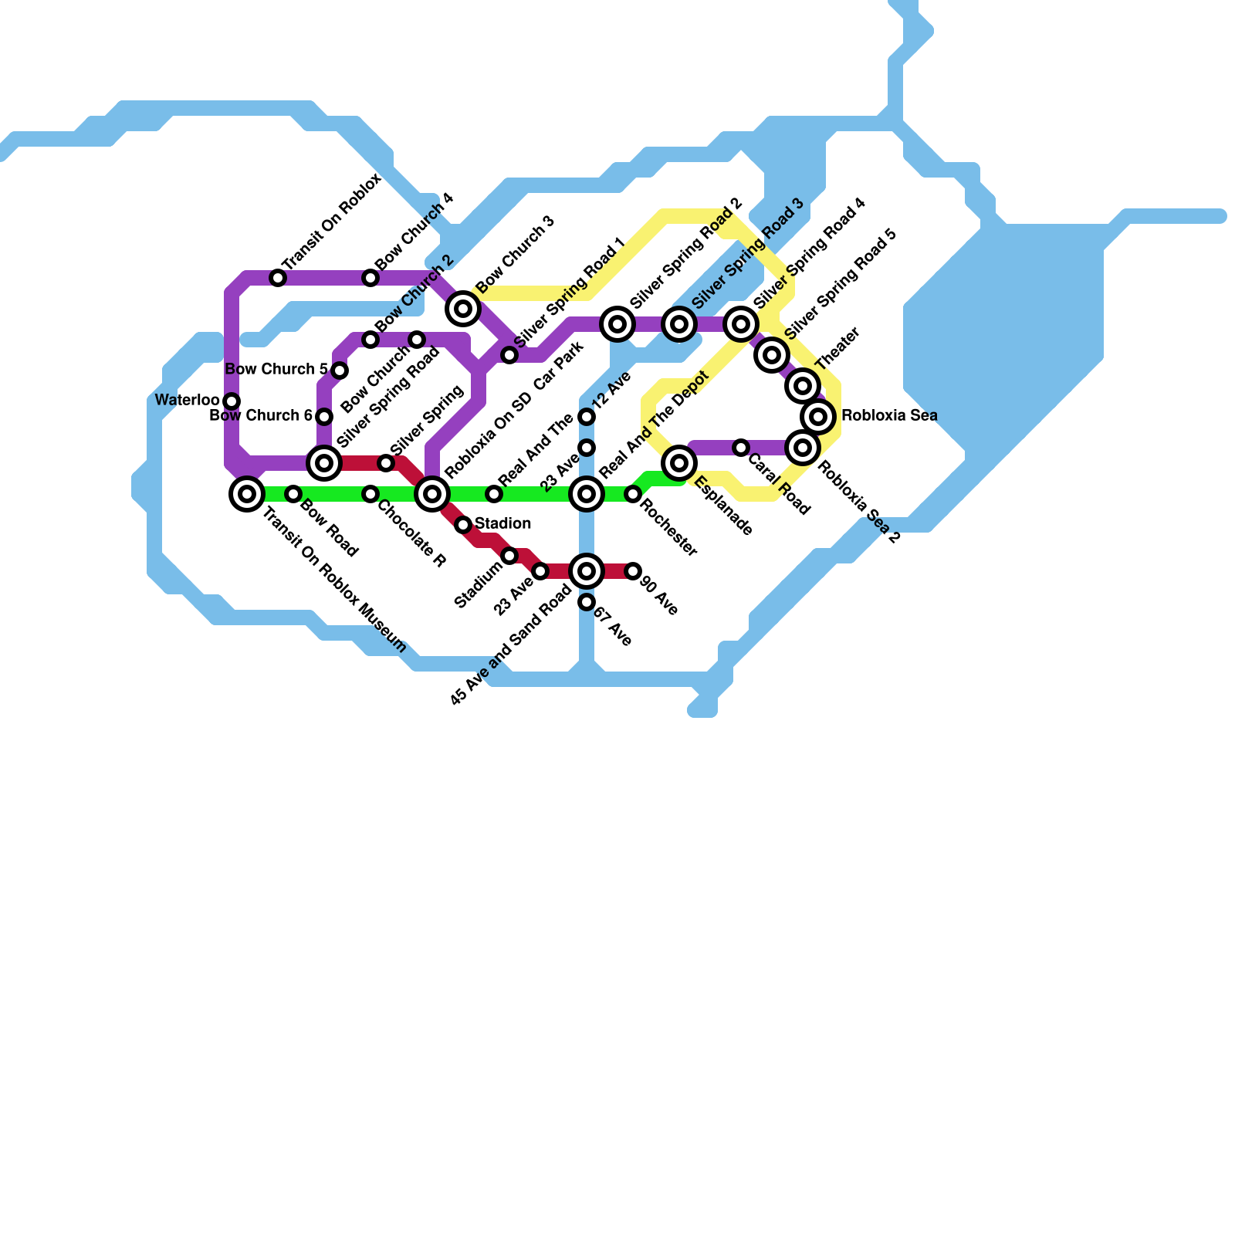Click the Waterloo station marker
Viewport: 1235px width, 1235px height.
point(232,401)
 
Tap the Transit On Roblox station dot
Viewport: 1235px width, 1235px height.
point(278,278)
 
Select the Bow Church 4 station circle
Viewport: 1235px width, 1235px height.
point(370,278)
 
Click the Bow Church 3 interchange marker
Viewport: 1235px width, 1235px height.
point(463,309)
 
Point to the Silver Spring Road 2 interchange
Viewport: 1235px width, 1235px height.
point(617,324)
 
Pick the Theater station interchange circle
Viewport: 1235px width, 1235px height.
point(803,386)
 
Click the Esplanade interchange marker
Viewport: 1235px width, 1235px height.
point(679,463)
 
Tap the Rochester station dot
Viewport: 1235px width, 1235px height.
point(633,494)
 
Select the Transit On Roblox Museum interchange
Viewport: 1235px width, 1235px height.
point(247,494)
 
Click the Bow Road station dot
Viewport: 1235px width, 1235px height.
point(293,494)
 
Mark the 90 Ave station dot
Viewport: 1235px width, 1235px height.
point(633,571)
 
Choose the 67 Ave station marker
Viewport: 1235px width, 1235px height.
point(587,602)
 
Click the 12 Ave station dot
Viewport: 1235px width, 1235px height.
point(587,417)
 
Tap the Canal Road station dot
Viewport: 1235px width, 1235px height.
point(741,448)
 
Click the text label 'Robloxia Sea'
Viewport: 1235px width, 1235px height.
point(889,416)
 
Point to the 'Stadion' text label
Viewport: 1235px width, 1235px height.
point(502,524)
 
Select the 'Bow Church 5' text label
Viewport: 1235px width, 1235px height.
point(276,370)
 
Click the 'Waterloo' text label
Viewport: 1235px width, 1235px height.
point(187,401)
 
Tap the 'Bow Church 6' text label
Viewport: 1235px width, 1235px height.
point(261,416)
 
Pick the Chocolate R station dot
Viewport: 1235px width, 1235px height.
point(370,494)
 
